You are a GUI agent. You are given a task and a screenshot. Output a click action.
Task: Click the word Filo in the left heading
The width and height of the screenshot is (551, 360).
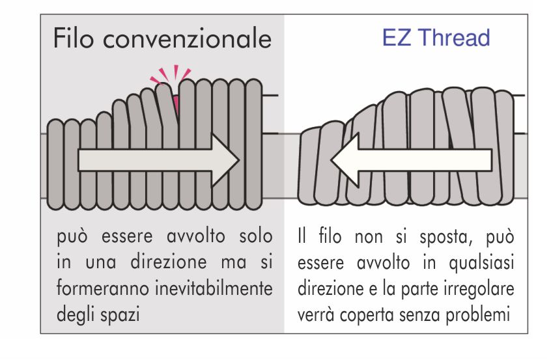click(x=74, y=38)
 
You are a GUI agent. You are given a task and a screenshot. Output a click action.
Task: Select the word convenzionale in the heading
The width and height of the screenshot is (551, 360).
click(x=188, y=38)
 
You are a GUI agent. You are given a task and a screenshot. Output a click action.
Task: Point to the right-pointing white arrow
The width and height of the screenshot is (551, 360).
click(x=159, y=160)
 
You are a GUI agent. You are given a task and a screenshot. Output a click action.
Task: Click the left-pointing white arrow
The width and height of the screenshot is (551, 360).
click(x=411, y=160)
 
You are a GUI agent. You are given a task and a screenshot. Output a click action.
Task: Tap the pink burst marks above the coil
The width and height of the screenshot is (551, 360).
click(x=171, y=76)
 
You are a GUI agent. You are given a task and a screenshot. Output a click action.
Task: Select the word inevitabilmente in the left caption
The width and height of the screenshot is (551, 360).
click(x=214, y=288)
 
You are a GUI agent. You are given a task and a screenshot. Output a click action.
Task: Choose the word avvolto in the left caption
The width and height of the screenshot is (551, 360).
click(x=196, y=236)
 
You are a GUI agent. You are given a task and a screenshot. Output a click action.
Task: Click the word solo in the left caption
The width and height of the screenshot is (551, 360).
click(x=256, y=236)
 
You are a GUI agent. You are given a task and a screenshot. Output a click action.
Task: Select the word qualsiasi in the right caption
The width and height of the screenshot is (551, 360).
click(x=481, y=263)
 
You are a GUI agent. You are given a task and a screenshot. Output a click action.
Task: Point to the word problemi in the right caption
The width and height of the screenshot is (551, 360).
click(x=478, y=314)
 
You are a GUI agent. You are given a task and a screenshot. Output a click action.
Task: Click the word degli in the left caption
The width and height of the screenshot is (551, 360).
click(x=76, y=314)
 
